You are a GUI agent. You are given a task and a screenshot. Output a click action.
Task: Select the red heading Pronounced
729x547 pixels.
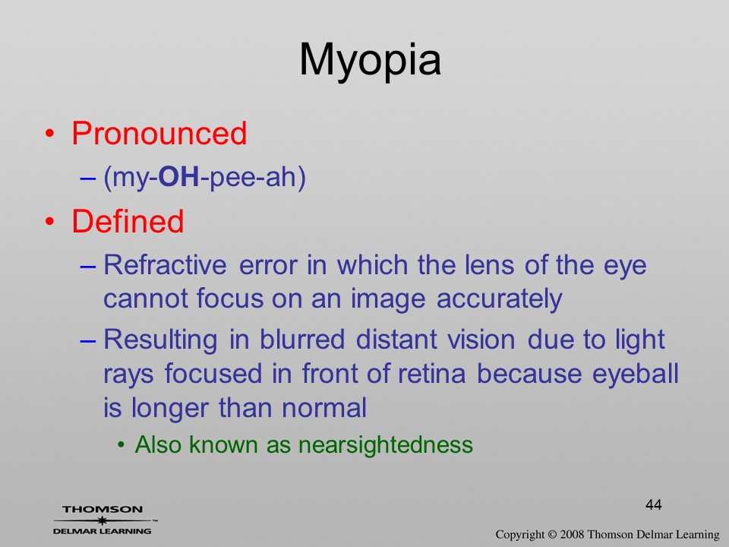159,134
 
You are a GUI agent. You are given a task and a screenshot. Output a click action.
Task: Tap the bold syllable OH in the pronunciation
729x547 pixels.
179,177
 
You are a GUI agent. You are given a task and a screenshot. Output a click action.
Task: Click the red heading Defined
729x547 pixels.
128,220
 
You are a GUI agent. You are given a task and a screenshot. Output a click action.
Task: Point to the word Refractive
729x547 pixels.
165,264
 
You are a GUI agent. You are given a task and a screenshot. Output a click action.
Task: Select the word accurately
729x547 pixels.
500,299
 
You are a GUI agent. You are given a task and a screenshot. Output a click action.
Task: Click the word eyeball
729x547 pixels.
636,375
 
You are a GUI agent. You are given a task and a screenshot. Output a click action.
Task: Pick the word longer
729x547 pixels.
169,409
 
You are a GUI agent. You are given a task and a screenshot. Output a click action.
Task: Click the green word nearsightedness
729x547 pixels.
386,444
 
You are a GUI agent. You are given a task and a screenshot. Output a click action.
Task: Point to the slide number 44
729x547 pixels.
654,504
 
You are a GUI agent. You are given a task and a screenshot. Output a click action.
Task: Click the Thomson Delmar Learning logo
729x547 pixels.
103,520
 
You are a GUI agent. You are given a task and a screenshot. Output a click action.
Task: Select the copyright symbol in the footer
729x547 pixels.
552,534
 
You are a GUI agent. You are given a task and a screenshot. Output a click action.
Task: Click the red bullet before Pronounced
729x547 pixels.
50,134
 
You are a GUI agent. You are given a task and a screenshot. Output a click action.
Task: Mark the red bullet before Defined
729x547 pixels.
50,221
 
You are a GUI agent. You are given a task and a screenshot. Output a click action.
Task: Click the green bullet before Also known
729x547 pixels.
121,445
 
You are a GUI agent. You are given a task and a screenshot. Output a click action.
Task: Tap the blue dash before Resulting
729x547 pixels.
88,341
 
